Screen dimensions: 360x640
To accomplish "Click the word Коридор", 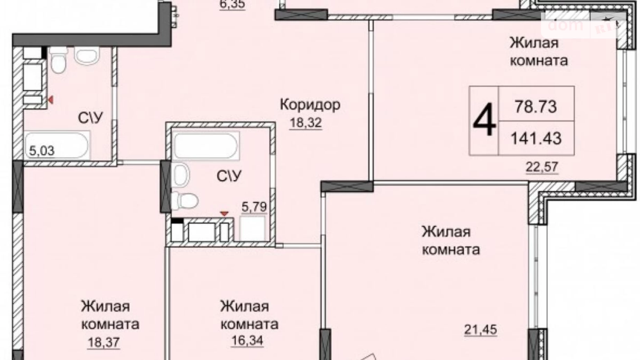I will [x=310, y=104].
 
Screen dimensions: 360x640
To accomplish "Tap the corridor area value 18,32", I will [x=306, y=123].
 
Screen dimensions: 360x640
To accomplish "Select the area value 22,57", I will [x=542, y=166].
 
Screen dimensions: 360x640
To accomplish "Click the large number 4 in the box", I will [x=484, y=120].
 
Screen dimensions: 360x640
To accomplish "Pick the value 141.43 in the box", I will [x=536, y=138].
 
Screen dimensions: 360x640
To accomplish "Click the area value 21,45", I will [x=480, y=329].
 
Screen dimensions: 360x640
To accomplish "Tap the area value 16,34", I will [x=247, y=340].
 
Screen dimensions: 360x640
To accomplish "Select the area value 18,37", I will [x=104, y=342].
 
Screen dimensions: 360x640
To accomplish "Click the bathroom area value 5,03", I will [x=42, y=151].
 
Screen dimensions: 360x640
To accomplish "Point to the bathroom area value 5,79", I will [x=254, y=207].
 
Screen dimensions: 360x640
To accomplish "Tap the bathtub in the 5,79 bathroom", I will [x=206, y=146].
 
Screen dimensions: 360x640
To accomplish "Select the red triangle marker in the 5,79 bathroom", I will [x=225, y=214].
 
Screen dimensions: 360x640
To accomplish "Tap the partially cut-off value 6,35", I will [x=232, y=4].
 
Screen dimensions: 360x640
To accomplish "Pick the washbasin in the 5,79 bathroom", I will [x=181, y=175].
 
